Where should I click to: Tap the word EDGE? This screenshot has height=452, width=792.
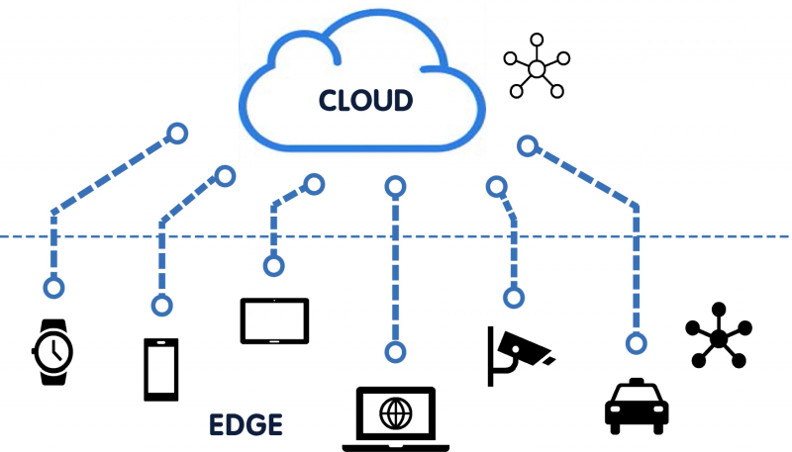click(x=246, y=425)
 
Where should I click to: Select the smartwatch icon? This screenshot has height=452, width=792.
click(x=52, y=351)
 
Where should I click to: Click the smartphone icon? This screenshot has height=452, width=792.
click(x=160, y=369)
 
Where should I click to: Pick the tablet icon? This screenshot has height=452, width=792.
click(x=274, y=319)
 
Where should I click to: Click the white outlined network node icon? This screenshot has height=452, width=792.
click(x=536, y=68)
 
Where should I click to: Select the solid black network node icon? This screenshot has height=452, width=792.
click(x=719, y=336)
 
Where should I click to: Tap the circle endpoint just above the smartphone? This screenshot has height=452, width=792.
click(x=160, y=305)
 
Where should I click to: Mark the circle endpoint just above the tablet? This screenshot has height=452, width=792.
click(x=273, y=266)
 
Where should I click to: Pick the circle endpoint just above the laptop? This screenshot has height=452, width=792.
click(x=395, y=351)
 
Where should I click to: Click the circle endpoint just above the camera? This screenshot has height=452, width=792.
click(x=513, y=297)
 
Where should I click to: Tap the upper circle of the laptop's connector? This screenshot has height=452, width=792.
click(x=394, y=185)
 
